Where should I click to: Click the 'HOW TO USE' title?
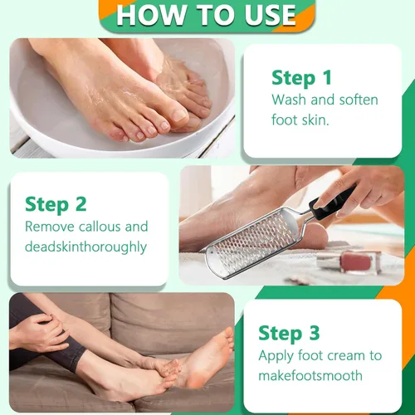coord(206,15)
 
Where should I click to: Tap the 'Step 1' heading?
coord(301,77)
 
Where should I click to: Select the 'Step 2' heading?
coord(55,203)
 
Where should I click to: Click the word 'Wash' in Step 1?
coord(289,100)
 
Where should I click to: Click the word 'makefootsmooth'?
coord(310,375)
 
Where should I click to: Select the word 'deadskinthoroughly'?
coord(85,247)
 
